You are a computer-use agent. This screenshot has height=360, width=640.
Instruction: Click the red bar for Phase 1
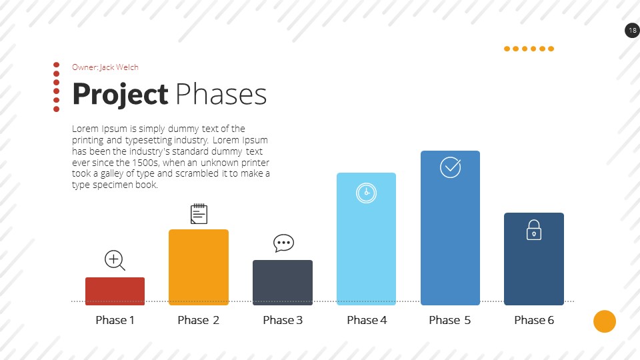115,291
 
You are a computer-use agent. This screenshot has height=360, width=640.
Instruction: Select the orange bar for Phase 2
199,267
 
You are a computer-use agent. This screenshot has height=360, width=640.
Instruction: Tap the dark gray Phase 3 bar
283,283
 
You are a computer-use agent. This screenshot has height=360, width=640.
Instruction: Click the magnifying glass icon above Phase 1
115,261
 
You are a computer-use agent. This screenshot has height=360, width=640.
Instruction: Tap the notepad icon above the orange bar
199,214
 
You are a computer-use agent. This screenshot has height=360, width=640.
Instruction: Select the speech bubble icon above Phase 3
283,243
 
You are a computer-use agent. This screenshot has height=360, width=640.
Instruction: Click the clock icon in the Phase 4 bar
366,193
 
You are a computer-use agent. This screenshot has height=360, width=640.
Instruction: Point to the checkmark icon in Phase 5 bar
451,167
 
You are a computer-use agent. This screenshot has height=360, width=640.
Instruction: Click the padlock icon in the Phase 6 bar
534,230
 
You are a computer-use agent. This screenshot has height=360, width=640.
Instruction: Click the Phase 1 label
115,320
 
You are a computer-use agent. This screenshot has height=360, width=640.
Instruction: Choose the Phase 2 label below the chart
199,320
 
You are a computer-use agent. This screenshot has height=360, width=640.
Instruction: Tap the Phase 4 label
367,320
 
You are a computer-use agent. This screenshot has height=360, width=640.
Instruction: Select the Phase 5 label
450,320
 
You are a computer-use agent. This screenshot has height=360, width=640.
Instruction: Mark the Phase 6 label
534,320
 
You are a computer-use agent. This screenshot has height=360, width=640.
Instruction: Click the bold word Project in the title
120,95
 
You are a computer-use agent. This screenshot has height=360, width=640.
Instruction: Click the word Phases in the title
221,95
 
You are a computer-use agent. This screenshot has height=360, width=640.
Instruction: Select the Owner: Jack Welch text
105,67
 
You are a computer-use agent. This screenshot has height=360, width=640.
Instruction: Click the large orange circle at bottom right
605,321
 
